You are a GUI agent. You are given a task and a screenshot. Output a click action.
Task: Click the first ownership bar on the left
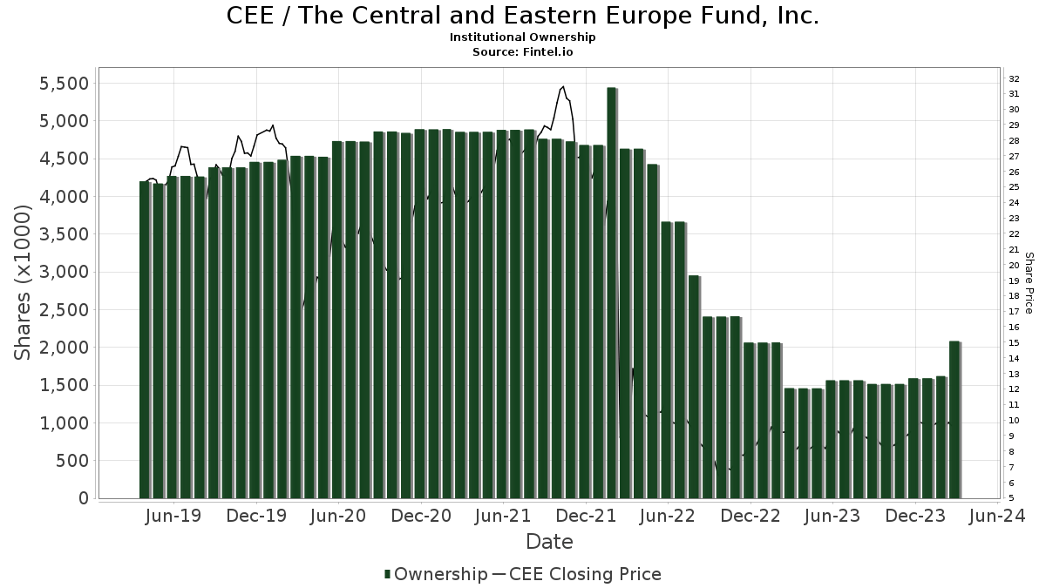[x=144, y=340]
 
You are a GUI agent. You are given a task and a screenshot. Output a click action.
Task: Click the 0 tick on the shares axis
[x=84, y=498]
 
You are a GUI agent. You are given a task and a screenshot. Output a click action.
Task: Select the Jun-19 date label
[x=173, y=517]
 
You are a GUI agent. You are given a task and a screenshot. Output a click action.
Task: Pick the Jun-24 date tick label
[x=995, y=517]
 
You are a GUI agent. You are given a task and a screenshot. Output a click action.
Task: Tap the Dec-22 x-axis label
[x=749, y=517]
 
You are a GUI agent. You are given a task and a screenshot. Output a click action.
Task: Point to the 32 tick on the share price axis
[x=1015, y=78]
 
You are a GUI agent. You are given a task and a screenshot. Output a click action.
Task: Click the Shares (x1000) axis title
[x=24, y=282]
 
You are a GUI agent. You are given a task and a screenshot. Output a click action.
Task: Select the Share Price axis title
[x=1029, y=283]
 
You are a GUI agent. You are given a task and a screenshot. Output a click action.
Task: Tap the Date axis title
[x=549, y=543]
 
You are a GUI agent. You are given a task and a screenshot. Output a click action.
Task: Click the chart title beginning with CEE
[x=523, y=17]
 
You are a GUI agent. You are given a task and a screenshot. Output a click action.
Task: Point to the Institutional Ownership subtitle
[x=523, y=37]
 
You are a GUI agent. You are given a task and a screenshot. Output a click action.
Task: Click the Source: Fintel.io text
[x=523, y=52]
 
